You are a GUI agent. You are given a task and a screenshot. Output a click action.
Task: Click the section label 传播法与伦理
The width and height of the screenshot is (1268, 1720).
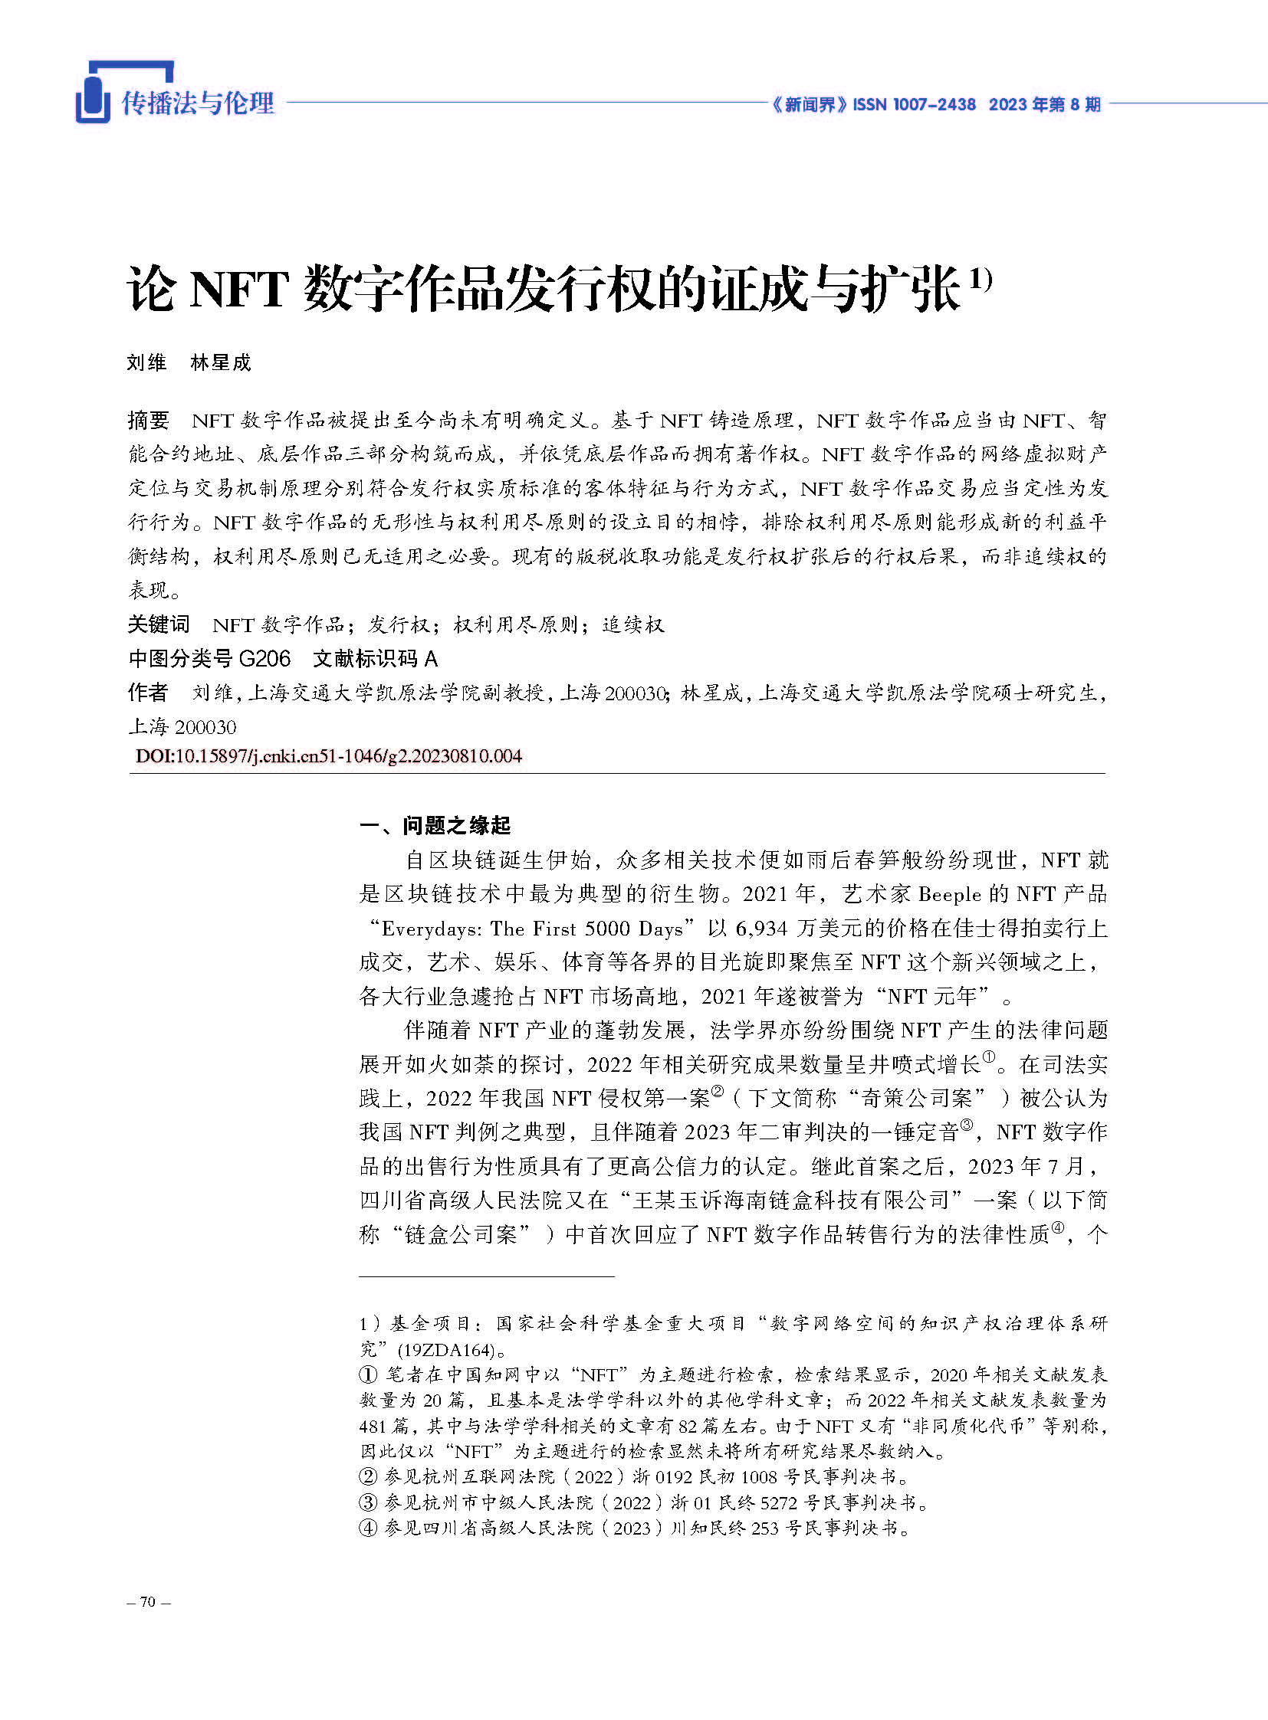click(x=198, y=103)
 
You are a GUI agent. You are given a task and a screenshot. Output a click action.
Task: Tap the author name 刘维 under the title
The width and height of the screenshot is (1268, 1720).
click(x=146, y=363)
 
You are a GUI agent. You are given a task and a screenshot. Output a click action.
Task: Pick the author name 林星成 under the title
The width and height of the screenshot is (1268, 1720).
click(x=220, y=363)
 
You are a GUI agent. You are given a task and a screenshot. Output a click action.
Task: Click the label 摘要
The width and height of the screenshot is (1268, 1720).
click(x=148, y=421)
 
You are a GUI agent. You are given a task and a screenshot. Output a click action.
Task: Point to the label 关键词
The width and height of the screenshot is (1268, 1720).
click(x=158, y=624)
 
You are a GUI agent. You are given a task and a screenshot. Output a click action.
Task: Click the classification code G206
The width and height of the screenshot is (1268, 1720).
click(x=264, y=658)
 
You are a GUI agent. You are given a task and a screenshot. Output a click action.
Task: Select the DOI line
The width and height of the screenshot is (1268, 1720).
click(x=329, y=755)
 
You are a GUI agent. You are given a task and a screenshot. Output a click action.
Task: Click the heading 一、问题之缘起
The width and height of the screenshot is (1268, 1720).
click(x=435, y=825)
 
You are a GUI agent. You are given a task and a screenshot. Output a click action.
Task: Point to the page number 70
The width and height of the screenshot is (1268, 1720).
click(x=148, y=1602)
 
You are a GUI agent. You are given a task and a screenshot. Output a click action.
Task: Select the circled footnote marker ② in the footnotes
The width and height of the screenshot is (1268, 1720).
click(x=369, y=1477)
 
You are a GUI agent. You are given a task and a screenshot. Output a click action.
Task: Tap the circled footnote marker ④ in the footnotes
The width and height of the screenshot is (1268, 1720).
click(x=369, y=1528)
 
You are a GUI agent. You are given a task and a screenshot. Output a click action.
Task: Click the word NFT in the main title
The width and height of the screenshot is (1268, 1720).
click(x=236, y=290)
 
